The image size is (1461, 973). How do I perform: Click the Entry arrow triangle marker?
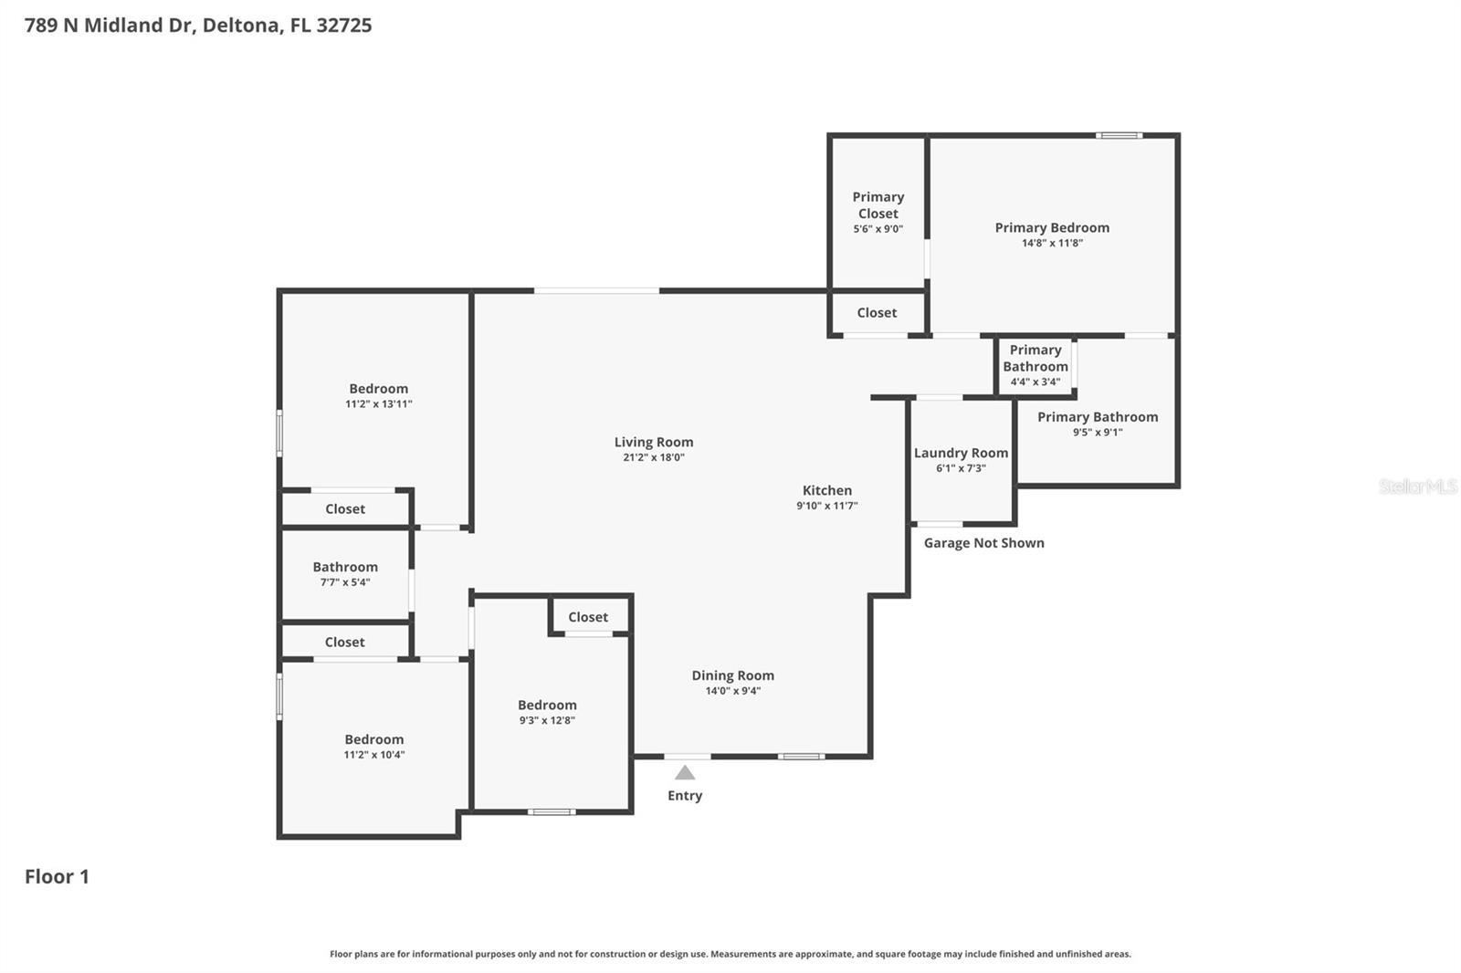pyautogui.click(x=685, y=773)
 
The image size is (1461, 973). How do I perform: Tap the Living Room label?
pyautogui.click(x=653, y=442)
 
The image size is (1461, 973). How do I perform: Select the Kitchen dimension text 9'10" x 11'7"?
pyautogui.click(x=826, y=506)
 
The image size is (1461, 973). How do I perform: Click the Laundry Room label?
pyautogui.click(x=961, y=453)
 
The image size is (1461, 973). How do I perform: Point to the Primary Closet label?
pyautogui.click(x=878, y=205)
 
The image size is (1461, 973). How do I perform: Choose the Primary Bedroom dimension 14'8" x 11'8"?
pyautogui.click(x=1052, y=243)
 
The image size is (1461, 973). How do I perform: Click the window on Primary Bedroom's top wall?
pyautogui.click(x=1119, y=136)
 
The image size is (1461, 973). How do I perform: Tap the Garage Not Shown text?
pyautogui.click(x=983, y=543)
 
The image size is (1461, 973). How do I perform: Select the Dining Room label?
pyautogui.click(x=732, y=675)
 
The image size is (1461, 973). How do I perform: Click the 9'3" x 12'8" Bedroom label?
pyautogui.click(x=547, y=705)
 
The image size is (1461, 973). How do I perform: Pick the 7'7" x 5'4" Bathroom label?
pyautogui.click(x=345, y=567)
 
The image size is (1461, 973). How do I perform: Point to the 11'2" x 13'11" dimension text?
pyautogui.click(x=378, y=403)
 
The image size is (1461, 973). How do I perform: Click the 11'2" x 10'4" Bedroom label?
pyautogui.click(x=373, y=739)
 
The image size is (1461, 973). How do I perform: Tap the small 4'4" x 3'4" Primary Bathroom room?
pyautogui.click(x=1035, y=365)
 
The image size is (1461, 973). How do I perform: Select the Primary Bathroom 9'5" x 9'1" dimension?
pyautogui.click(x=1098, y=433)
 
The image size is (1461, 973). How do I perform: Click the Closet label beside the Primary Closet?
pyautogui.click(x=877, y=313)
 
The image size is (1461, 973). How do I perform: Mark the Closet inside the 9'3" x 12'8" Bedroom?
pyautogui.click(x=588, y=617)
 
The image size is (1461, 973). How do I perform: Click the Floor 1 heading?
pyautogui.click(x=57, y=876)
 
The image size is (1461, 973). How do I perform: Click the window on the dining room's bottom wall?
pyautogui.click(x=801, y=757)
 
